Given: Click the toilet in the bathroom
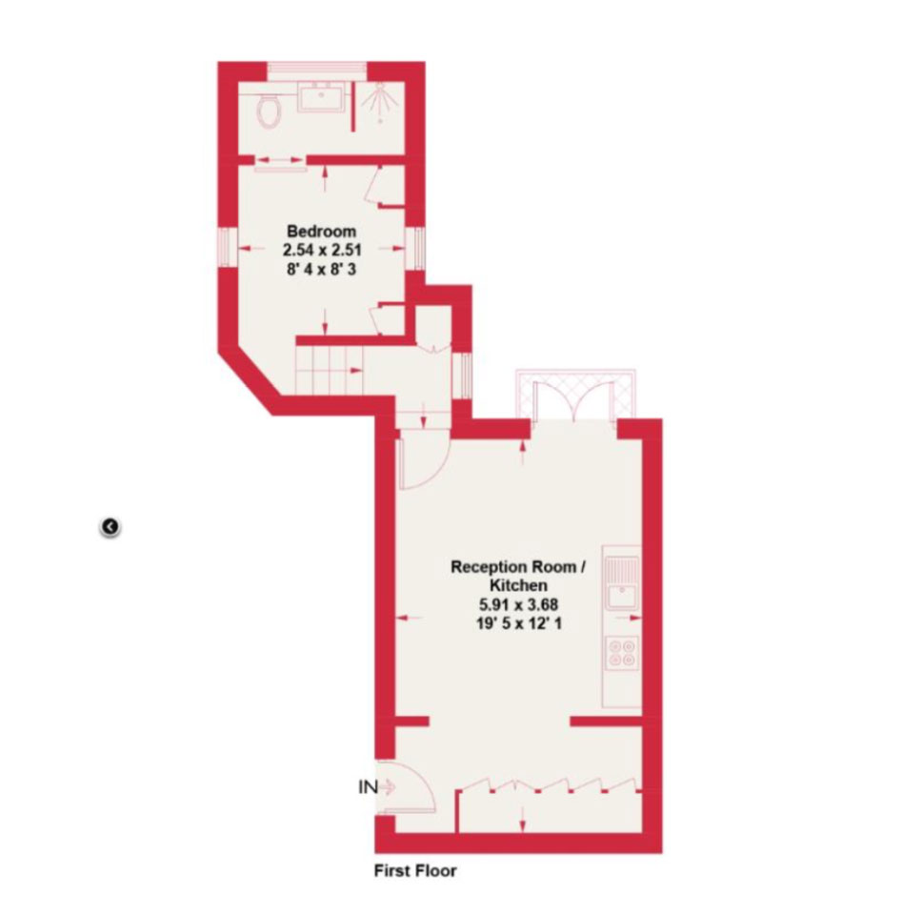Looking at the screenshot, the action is click(x=269, y=111).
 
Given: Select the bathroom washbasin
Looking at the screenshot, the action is click(x=321, y=96).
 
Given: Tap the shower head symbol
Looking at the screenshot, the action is click(x=380, y=102).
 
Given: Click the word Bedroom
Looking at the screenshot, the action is click(x=321, y=231).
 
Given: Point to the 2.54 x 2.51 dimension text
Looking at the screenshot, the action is click(x=322, y=250).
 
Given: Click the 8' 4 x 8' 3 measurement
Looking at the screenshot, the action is click(x=321, y=269).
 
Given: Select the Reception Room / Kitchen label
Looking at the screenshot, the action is click(x=518, y=576).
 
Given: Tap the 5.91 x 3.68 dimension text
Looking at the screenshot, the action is click(x=518, y=604).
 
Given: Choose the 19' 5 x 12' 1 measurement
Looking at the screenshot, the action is click(x=519, y=623).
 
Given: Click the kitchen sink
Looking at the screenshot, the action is click(x=622, y=583).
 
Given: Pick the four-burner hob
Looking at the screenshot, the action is click(x=622, y=653).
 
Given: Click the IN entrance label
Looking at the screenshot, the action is click(x=368, y=787).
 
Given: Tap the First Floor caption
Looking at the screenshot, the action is click(x=415, y=870).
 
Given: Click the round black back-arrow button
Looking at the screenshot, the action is click(x=110, y=527).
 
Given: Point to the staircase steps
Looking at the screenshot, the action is click(x=329, y=371).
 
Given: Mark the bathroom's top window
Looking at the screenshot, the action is click(x=317, y=69).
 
